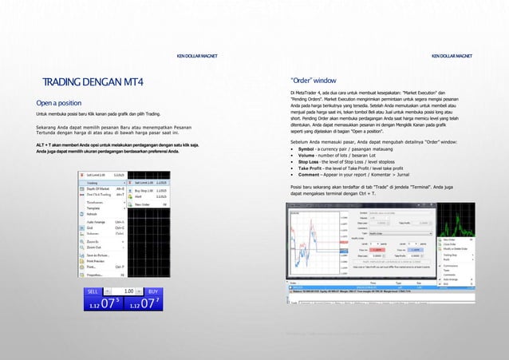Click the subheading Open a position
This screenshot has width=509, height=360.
pyautogui.click(x=58, y=103)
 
